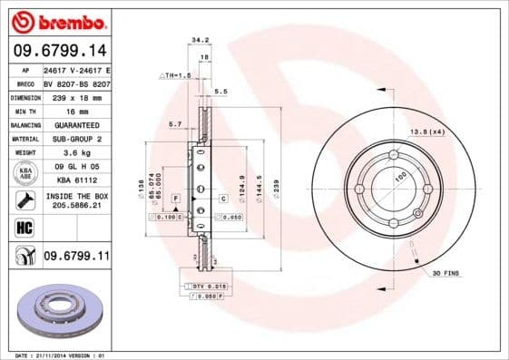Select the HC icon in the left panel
click(x=24, y=227)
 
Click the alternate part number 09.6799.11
click(x=75, y=257)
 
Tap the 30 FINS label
click(x=447, y=272)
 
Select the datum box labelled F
click(x=173, y=198)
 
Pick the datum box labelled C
click(x=222, y=198)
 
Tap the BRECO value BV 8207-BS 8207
click(x=75, y=83)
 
